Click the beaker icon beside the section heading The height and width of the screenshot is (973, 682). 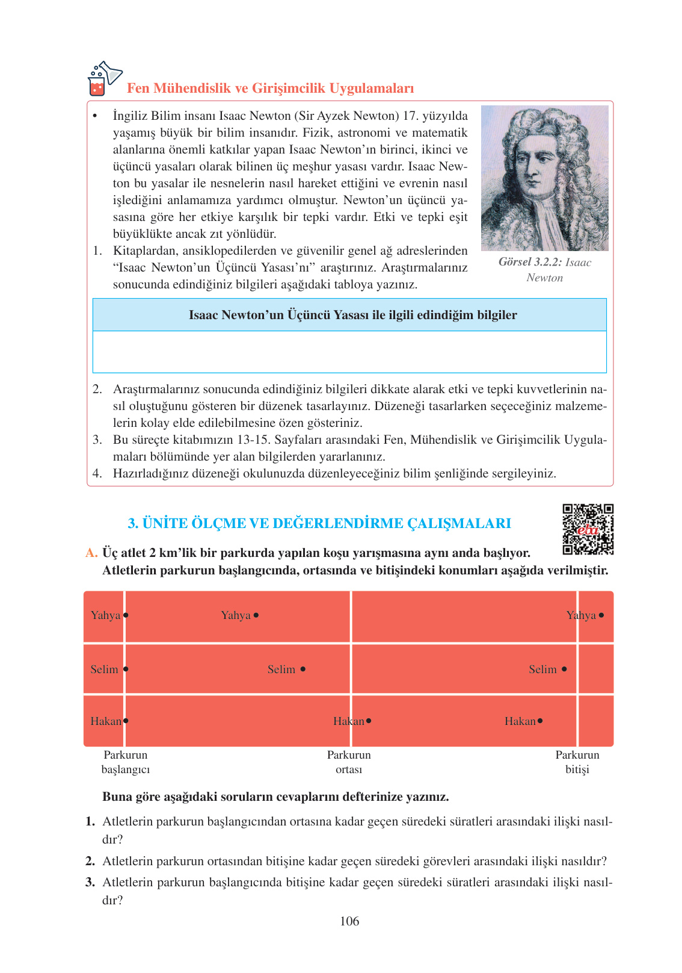pyautogui.click(x=103, y=79)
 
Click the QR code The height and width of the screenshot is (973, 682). pyautogui.click(x=588, y=529)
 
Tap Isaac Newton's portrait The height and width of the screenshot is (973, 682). pyautogui.click(x=544, y=178)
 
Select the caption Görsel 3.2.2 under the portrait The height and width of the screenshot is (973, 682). pyautogui.click(x=544, y=270)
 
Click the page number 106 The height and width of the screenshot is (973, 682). pyautogui.click(x=349, y=921)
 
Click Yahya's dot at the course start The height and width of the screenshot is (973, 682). pyautogui.click(x=126, y=615)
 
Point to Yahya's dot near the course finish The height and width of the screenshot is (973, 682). pyautogui.click(x=601, y=615)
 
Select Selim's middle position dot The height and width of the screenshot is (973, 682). pyautogui.click(x=303, y=669)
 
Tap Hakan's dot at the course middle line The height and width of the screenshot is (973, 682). pyautogui.click(x=369, y=721)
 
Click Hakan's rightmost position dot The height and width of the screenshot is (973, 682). pyautogui.click(x=540, y=721)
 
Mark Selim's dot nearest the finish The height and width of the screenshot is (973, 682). pyautogui.click(x=564, y=669)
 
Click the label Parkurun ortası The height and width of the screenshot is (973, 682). pyautogui.click(x=349, y=762)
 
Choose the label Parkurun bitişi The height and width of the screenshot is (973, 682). pyautogui.click(x=577, y=762)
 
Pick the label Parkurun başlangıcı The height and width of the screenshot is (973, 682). pyautogui.click(x=125, y=762)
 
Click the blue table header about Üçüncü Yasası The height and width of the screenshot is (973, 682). pyautogui.click(x=349, y=315)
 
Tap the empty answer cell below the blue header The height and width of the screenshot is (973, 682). pyautogui.click(x=349, y=352)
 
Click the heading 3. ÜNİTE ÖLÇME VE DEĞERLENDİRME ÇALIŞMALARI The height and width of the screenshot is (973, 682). pyautogui.click(x=319, y=523)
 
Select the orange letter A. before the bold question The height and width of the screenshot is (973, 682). pyautogui.click(x=91, y=553)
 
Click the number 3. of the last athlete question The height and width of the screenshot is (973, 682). pyautogui.click(x=90, y=883)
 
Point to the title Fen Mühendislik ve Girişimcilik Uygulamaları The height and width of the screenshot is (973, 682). pyautogui.click(x=270, y=89)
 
